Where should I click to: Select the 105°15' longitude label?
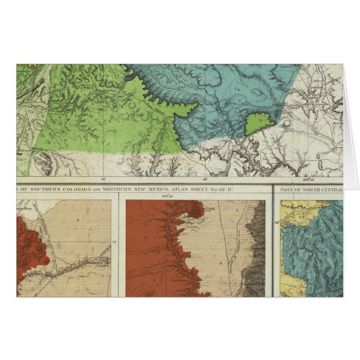tap(320, 180)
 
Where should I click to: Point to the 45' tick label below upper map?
tap(103, 180)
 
